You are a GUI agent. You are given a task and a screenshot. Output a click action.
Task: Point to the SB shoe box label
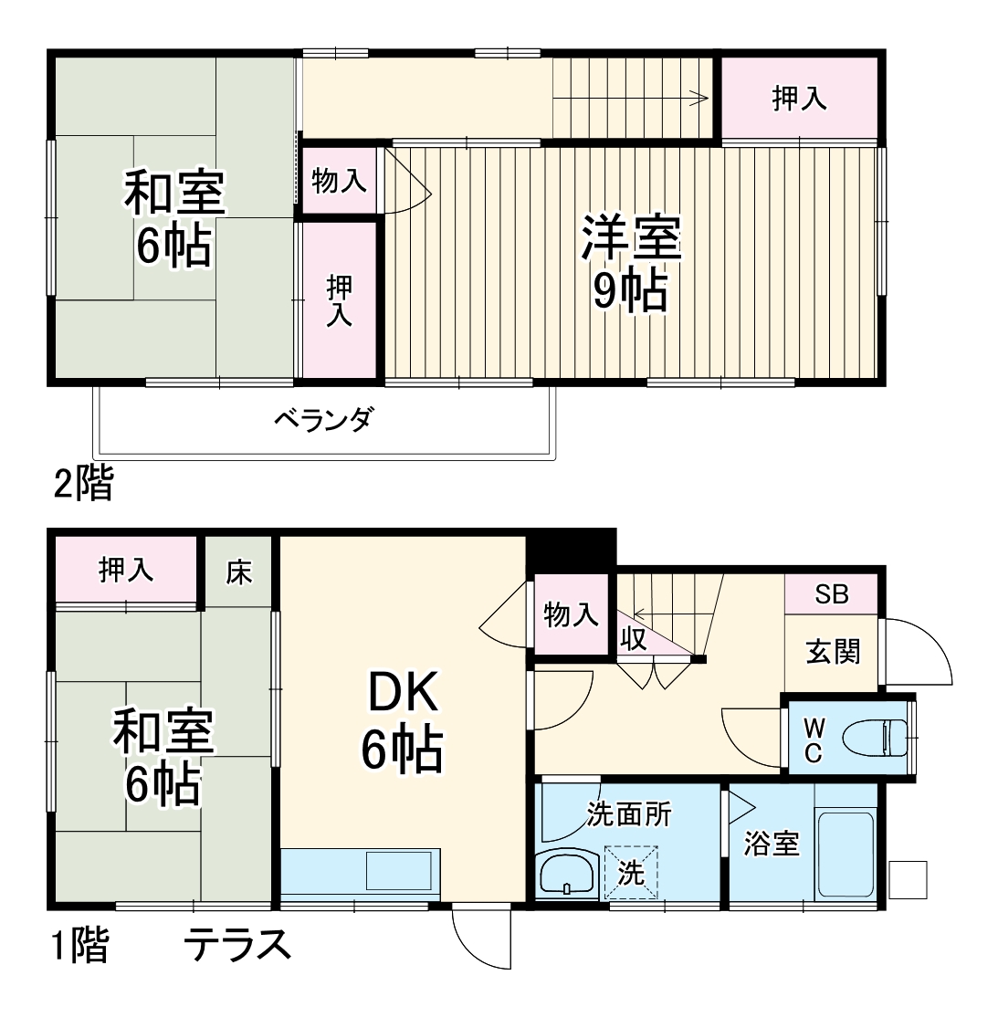point(832,594)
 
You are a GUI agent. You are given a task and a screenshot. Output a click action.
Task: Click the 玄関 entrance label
point(833,651)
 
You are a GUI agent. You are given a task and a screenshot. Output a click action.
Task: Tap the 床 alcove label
point(239,572)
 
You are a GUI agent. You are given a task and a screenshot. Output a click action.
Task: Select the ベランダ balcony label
point(324,421)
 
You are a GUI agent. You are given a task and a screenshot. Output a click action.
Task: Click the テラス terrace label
point(238,944)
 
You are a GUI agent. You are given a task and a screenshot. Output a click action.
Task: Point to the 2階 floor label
point(83,484)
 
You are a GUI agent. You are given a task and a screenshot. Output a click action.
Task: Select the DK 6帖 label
point(404,721)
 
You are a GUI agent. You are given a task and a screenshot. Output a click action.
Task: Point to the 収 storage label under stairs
point(634,638)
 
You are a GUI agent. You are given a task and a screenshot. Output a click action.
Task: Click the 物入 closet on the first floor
point(571,614)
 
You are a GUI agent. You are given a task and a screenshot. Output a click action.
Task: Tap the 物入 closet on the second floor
point(339,181)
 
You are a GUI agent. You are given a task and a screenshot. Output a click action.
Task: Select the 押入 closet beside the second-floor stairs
point(800,98)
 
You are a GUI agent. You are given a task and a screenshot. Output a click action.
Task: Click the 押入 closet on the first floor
point(126,571)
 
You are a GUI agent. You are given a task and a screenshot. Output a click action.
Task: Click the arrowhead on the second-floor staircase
point(704,99)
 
